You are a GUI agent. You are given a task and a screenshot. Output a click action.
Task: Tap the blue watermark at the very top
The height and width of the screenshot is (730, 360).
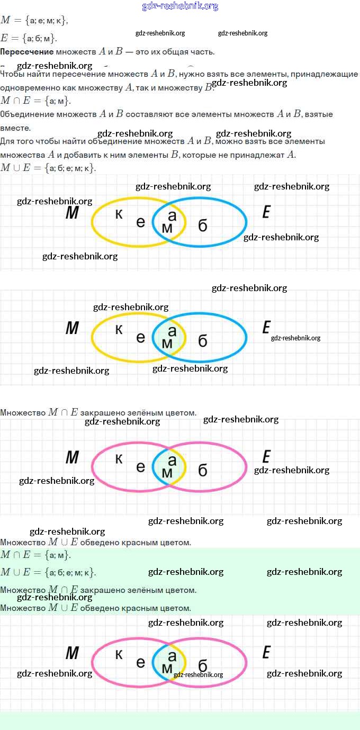pos(180,6)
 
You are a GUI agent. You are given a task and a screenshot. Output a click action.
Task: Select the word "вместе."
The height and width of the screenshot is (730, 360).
pos(15,128)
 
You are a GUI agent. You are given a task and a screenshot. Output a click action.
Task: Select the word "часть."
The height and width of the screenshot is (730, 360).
pos(202,52)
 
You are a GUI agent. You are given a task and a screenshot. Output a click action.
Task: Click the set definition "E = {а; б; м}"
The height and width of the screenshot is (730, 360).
pos(29,38)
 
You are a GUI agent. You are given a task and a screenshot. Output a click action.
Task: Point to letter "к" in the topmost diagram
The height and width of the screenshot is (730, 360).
pos(119,214)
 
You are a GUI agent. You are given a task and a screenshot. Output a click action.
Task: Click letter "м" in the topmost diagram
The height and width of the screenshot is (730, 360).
pos(167,227)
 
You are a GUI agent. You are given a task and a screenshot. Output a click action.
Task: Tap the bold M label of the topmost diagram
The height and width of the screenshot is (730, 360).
pos(72,213)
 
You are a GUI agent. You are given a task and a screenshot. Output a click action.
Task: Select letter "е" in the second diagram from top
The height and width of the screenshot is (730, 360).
pos(140,337)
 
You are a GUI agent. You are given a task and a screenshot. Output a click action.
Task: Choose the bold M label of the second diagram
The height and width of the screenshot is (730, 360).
pos(72,328)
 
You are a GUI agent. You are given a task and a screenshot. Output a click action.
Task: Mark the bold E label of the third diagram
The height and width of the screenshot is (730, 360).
pos(266,457)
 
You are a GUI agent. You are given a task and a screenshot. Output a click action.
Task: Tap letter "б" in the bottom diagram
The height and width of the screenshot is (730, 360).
pos(202,665)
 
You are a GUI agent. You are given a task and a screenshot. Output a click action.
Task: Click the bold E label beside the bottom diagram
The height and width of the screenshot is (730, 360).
pos(266,653)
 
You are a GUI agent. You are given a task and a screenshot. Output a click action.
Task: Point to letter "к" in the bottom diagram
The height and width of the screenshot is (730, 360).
pos(119,654)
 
